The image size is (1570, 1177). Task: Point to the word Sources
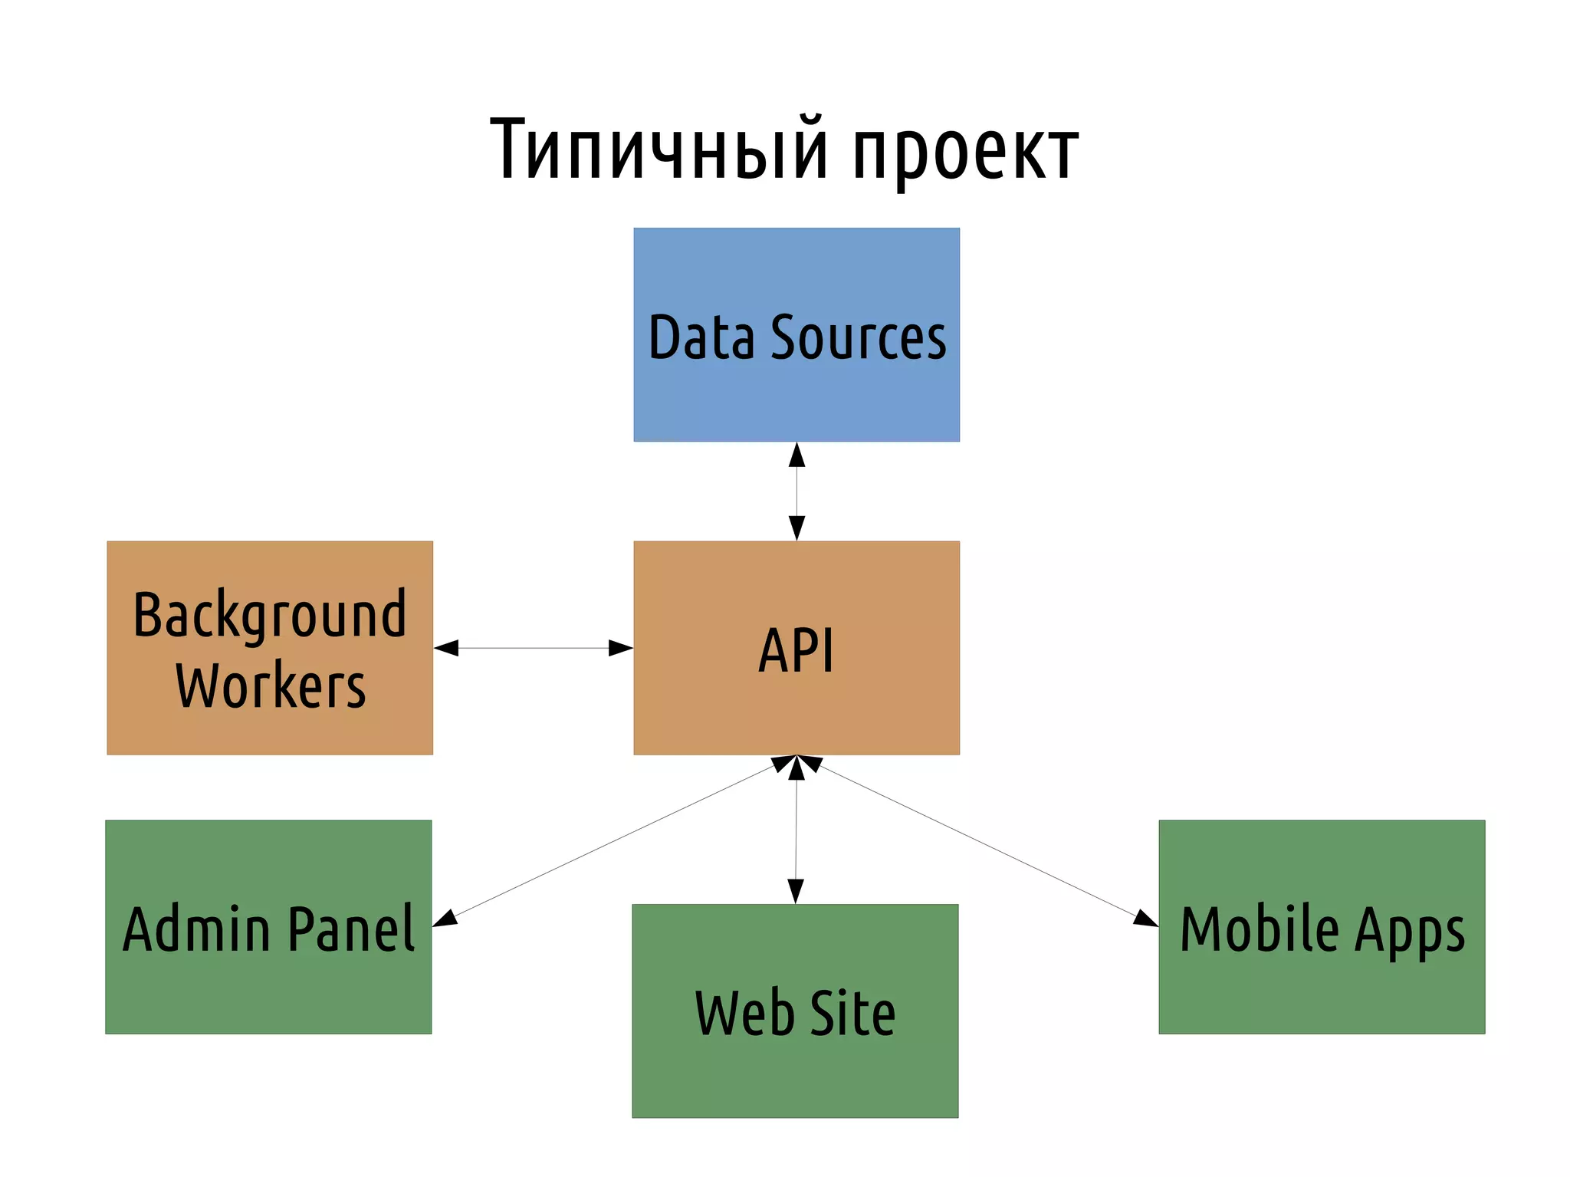point(859,337)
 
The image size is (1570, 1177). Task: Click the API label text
point(796,650)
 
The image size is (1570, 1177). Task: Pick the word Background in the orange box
point(269,616)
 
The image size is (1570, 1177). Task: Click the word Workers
point(270,685)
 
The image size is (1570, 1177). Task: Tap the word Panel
point(352,929)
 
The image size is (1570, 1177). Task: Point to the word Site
point(852,1013)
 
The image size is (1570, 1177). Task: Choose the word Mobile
point(1259,929)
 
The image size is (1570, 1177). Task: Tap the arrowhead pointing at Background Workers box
point(447,648)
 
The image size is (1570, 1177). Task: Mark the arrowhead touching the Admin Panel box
point(445,919)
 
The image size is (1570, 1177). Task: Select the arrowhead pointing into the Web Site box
point(796,891)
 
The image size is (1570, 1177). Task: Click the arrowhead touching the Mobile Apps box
point(1146,919)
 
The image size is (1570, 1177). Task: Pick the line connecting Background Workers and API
point(533,648)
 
